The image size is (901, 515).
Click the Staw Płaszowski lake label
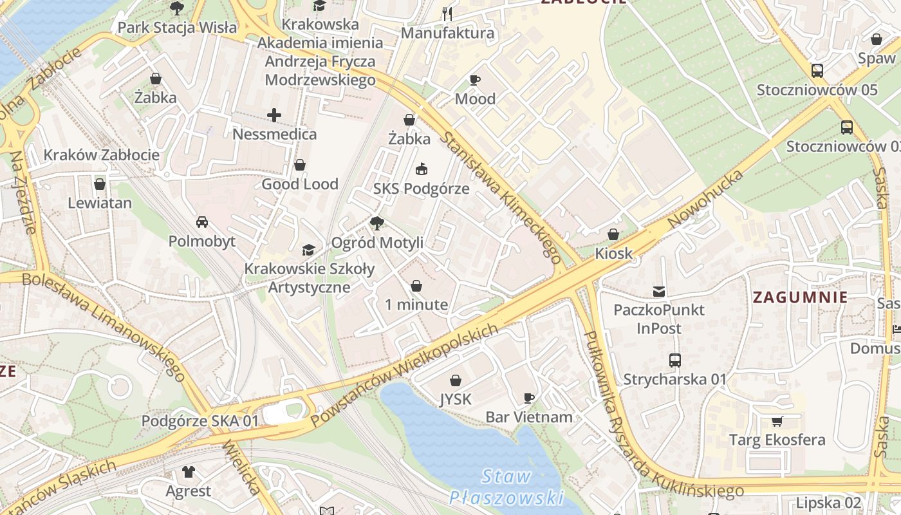(x=506, y=487)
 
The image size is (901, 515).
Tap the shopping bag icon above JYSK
(x=456, y=380)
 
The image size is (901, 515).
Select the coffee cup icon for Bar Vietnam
(x=529, y=398)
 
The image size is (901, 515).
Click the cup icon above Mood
(x=475, y=80)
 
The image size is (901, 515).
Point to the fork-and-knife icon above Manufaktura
(x=447, y=14)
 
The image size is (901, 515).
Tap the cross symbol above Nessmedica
(x=274, y=115)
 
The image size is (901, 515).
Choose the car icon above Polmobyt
(x=201, y=222)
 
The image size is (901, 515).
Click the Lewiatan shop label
(x=100, y=203)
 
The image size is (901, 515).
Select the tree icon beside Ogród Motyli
(x=377, y=223)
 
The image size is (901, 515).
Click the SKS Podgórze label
(x=422, y=189)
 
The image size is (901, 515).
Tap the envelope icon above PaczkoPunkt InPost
(x=659, y=291)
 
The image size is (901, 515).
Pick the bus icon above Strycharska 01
(x=674, y=360)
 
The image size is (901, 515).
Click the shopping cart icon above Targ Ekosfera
(x=777, y=422)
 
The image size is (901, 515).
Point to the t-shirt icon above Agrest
(x=188, y=472)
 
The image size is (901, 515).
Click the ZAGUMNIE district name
(x=800, y=297)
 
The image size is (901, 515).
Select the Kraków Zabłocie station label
(x=101, y=154)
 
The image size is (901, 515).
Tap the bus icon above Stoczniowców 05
(x=817, y=71)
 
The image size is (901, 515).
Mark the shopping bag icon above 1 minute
(x=416, y=285)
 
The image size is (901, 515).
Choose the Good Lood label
(x=300, y=184)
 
